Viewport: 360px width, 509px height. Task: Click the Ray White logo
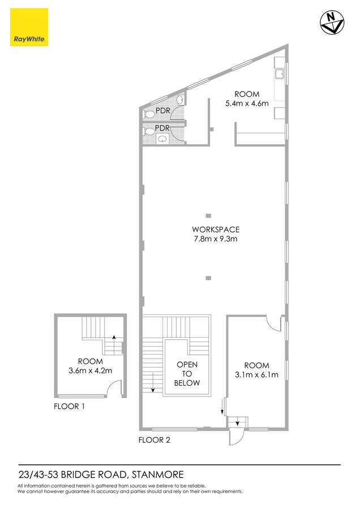click(29, 27)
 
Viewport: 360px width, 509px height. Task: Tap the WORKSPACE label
click(216, 230)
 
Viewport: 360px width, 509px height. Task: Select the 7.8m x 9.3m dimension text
click(216, 239)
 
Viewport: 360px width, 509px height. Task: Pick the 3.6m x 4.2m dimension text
click(91, 371)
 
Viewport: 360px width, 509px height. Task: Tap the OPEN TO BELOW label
click(187, 374)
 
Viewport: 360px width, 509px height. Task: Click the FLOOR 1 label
click(70, 406)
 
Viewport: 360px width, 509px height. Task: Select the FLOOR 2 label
click(155, 439)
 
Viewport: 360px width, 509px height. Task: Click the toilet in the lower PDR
click(149, 131)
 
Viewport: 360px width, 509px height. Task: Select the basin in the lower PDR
click(161, 139)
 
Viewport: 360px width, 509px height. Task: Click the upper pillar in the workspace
click(208, 215)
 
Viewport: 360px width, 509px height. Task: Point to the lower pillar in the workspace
click(208, 278)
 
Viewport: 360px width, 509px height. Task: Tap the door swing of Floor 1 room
click(115, 388)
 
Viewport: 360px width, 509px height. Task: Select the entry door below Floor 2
click(234, 436)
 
